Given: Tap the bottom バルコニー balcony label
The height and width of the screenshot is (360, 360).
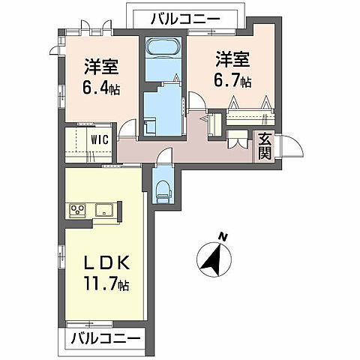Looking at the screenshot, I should [106, 340].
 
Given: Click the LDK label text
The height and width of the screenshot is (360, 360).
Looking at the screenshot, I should [103, 264].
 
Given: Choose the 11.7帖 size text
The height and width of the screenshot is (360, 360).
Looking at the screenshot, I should [105, 285].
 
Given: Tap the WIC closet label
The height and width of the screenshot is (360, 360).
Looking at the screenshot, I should [100, 139].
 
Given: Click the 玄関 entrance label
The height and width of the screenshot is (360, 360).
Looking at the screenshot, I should [266, 147].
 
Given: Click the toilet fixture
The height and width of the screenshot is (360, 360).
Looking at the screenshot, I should [162, 188].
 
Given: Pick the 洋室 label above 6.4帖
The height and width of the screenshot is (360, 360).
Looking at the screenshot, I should [100, 64].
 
